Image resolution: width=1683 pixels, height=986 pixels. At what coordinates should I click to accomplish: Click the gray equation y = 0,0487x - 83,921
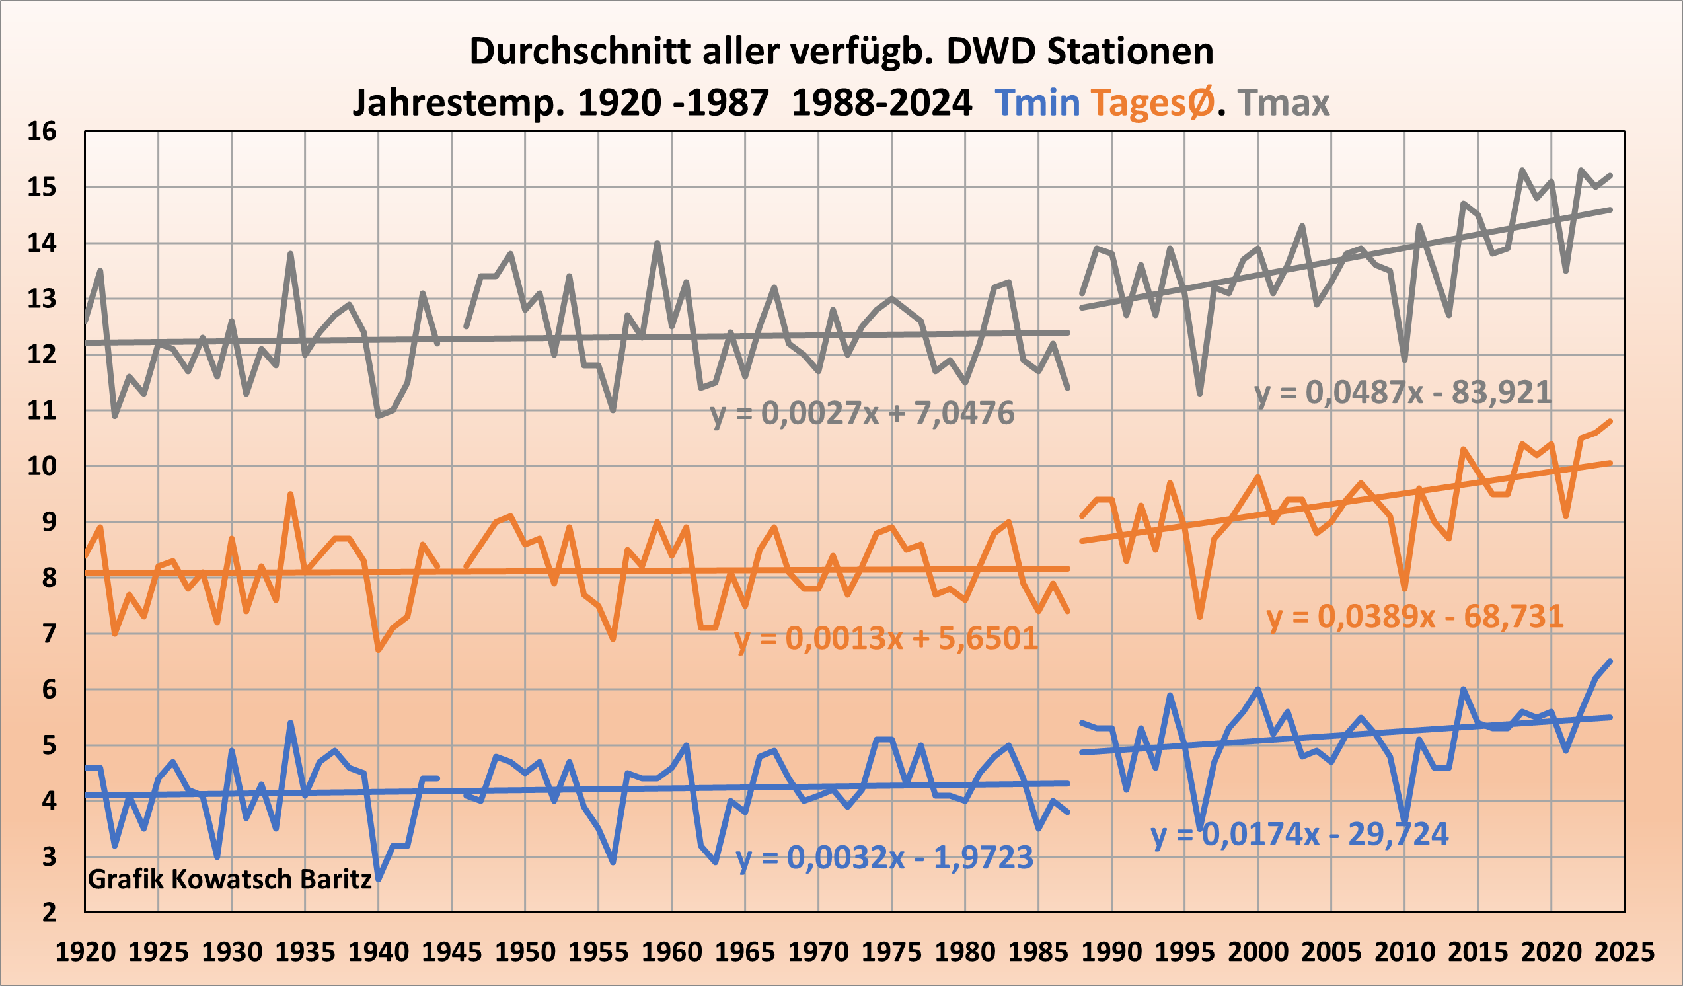coord(1402,393)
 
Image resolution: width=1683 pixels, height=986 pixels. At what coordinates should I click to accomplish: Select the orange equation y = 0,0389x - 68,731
coord(1415,617)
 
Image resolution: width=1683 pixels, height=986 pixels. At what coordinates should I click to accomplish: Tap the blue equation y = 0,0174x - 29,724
coord(1300,835)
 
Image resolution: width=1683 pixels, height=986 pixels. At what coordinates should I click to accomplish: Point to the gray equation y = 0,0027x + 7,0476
coord(862,414)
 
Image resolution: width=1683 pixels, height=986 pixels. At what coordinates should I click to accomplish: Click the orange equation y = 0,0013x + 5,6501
coord(886,638)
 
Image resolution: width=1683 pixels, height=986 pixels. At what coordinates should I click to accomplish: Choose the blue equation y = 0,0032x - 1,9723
coord(884,858)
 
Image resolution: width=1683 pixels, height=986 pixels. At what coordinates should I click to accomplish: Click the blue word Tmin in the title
coord(1037,104)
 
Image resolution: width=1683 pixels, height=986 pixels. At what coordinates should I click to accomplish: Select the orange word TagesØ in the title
coord(1152,104)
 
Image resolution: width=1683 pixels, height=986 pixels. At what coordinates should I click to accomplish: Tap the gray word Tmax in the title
coord(1283,104)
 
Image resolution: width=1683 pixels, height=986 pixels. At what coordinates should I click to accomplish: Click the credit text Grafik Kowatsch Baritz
coord(229,879)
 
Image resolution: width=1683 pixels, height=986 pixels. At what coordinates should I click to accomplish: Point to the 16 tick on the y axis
coord(42,132)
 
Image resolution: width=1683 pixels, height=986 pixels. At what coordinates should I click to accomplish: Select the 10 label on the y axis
coord(42,467)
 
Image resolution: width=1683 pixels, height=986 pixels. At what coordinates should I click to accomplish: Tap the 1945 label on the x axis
coord(451,952)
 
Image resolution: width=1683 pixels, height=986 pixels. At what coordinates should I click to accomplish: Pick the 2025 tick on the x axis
coord(1624,952)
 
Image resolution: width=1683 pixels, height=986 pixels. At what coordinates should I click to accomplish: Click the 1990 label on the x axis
coord(1111,952)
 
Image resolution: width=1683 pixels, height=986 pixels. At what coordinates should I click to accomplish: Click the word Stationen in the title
coord(1130,52)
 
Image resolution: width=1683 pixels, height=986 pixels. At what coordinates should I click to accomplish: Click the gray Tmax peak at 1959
coord(657,243)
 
